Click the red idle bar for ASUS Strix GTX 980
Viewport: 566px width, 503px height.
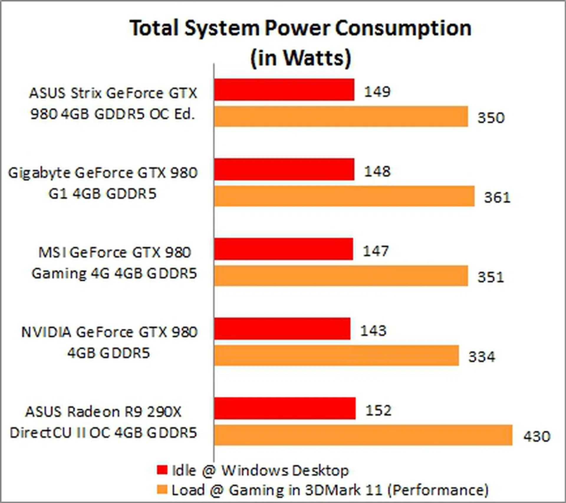[x=284, y=90]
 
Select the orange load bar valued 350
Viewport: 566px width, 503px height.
[x=341, y=116]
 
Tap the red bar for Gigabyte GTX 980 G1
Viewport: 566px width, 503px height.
[x=284, y=169]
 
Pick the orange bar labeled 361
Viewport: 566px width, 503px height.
[x=344, y=196]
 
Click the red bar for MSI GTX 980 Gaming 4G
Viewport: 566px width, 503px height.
[x=284, y=249]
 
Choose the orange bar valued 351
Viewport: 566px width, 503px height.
[x=341, y=276]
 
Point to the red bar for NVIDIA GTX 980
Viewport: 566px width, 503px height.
[x=282, y=329]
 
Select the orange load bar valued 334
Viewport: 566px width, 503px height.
[x=337, y=356]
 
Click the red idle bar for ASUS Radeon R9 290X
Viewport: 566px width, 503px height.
[x=285, y=408]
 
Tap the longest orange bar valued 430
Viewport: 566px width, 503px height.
[x=363, y=435]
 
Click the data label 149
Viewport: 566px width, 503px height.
[x=377, y=91]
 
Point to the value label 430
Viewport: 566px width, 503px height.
[x=537, y=436]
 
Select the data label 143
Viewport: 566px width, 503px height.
[x=374, y=331]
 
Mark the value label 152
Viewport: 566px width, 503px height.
[x=379, y=410]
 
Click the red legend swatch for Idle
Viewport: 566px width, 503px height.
[x=162, y=470]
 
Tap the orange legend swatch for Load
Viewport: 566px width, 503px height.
[x=162, y=490]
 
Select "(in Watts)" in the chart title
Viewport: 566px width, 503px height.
[x=301, y=57]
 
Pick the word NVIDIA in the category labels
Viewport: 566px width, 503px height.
[x=46, y=332]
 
